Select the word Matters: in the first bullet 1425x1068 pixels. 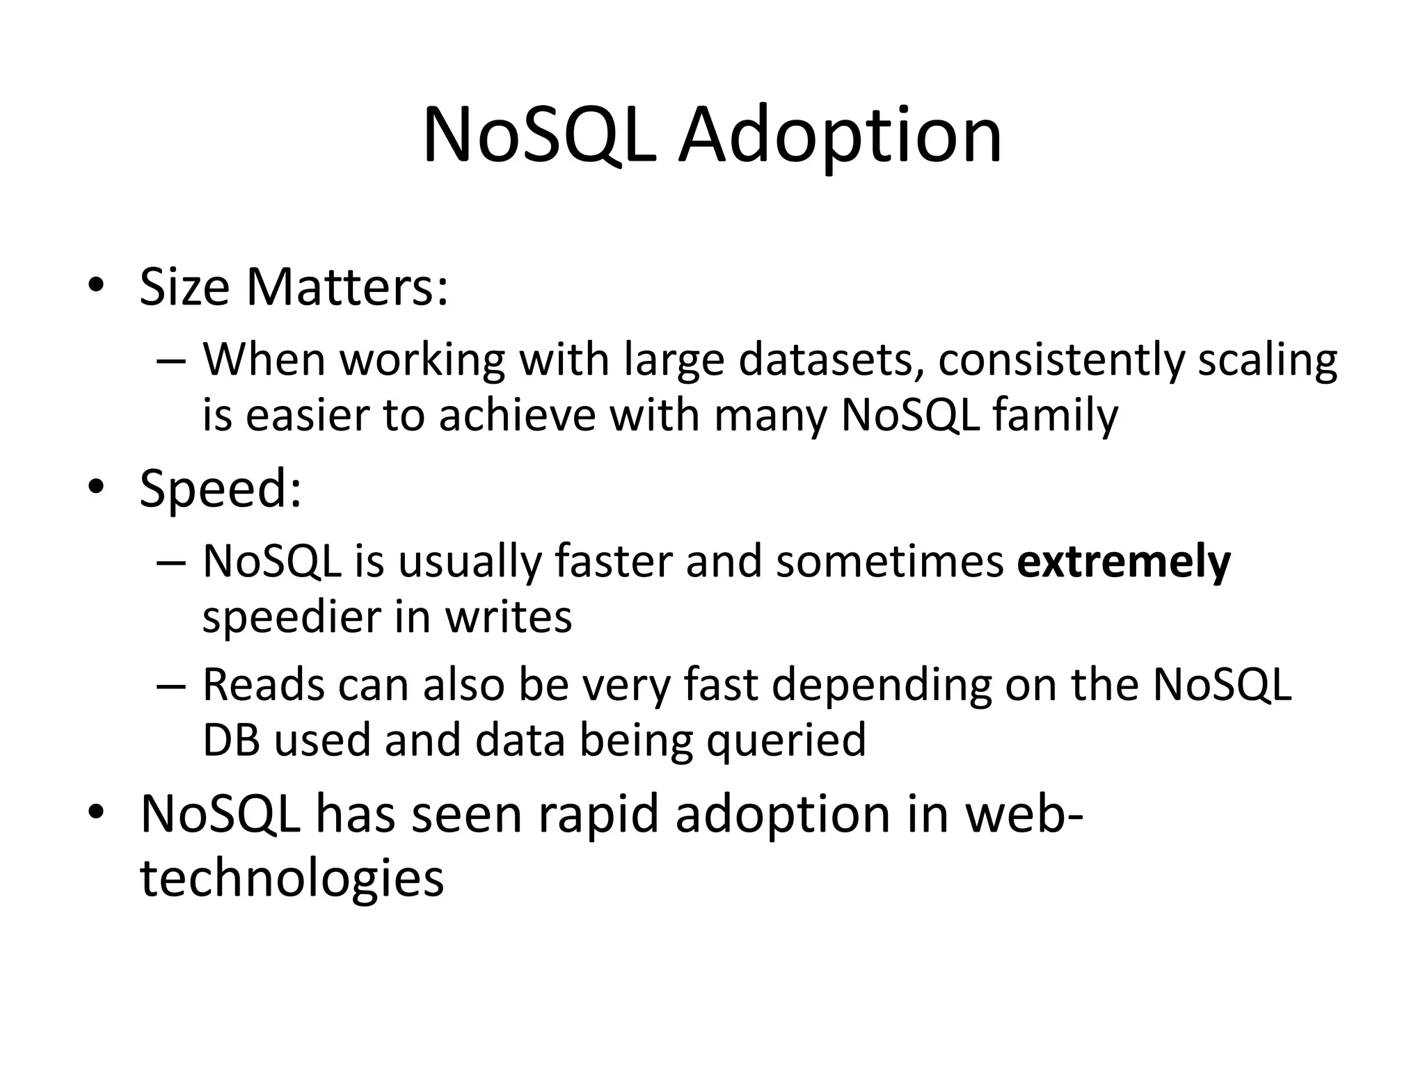click(x=347, y=287)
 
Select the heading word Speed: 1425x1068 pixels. click(x=221, y=489)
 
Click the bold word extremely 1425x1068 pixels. click(x=1123, y=562)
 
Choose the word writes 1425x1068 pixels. click(x=508, y=617)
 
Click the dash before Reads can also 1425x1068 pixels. click(x=171, y=686)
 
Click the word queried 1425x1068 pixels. click(x=786, y=741)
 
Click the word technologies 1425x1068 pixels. click(x=292, y=877)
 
